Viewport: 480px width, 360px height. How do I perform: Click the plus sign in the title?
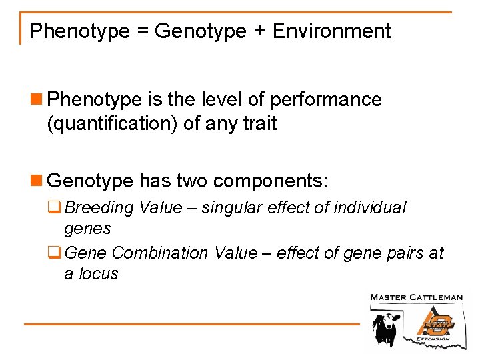[x=258, y=31]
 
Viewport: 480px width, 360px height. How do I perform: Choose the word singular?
[x=229, y=208]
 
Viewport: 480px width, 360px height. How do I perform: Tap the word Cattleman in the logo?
[x=439, y=297]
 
